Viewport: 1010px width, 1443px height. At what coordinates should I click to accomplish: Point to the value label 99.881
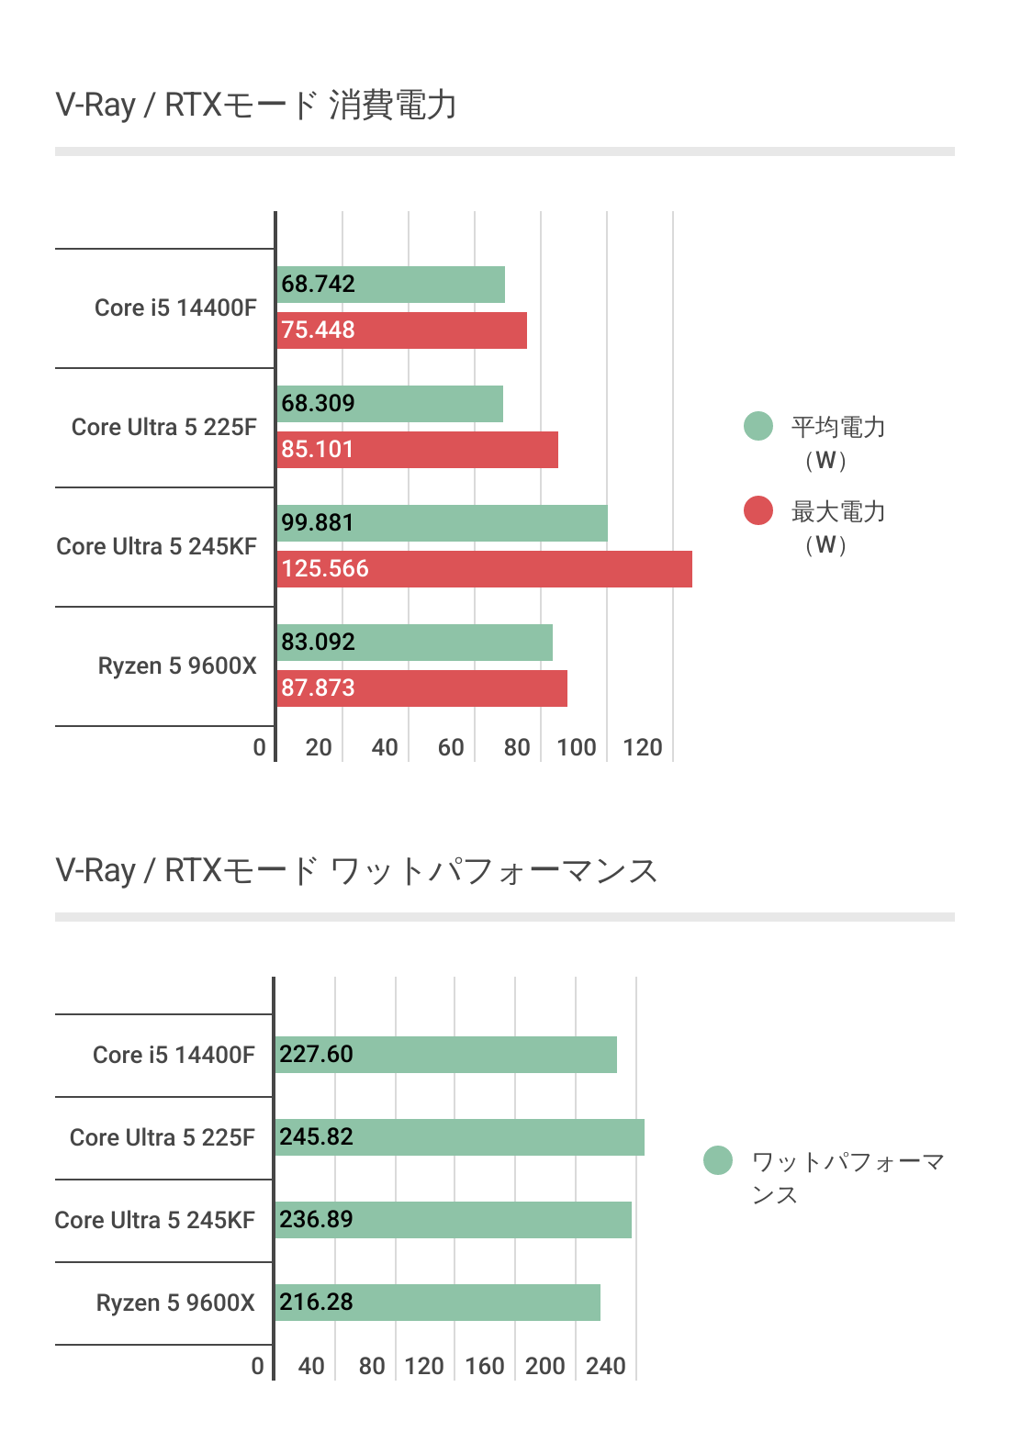(x=318, y=522)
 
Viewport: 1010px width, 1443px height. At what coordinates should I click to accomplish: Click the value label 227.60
(x=316, y=1054)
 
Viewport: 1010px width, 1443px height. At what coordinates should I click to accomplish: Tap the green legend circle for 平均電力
(x=758, y=426)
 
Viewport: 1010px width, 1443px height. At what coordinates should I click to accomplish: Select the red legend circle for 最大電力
(x=758, y=510)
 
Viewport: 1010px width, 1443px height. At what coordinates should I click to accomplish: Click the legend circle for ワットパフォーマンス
(x=718, y=1160)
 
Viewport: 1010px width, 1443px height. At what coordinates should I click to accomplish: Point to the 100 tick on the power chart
(x=577, y=747)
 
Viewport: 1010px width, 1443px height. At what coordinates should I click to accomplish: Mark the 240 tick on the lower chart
(x=606, y=1366)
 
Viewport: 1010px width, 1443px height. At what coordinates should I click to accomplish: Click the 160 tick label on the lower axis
(x=485, y=1366)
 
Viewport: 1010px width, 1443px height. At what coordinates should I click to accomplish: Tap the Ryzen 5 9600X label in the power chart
(x=177, y=666)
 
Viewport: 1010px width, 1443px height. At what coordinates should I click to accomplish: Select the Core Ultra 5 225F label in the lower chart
(x=163, y=1137)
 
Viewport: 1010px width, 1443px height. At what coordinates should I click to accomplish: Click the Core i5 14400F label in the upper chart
(x=175, y=308)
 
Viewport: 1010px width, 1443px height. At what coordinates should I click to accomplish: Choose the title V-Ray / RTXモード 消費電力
(x=256, y=105)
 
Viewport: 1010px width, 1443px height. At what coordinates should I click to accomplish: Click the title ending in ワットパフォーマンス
(x=356, y=870)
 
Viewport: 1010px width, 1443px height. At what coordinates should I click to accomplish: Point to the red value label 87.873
(x=318, y=688)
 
